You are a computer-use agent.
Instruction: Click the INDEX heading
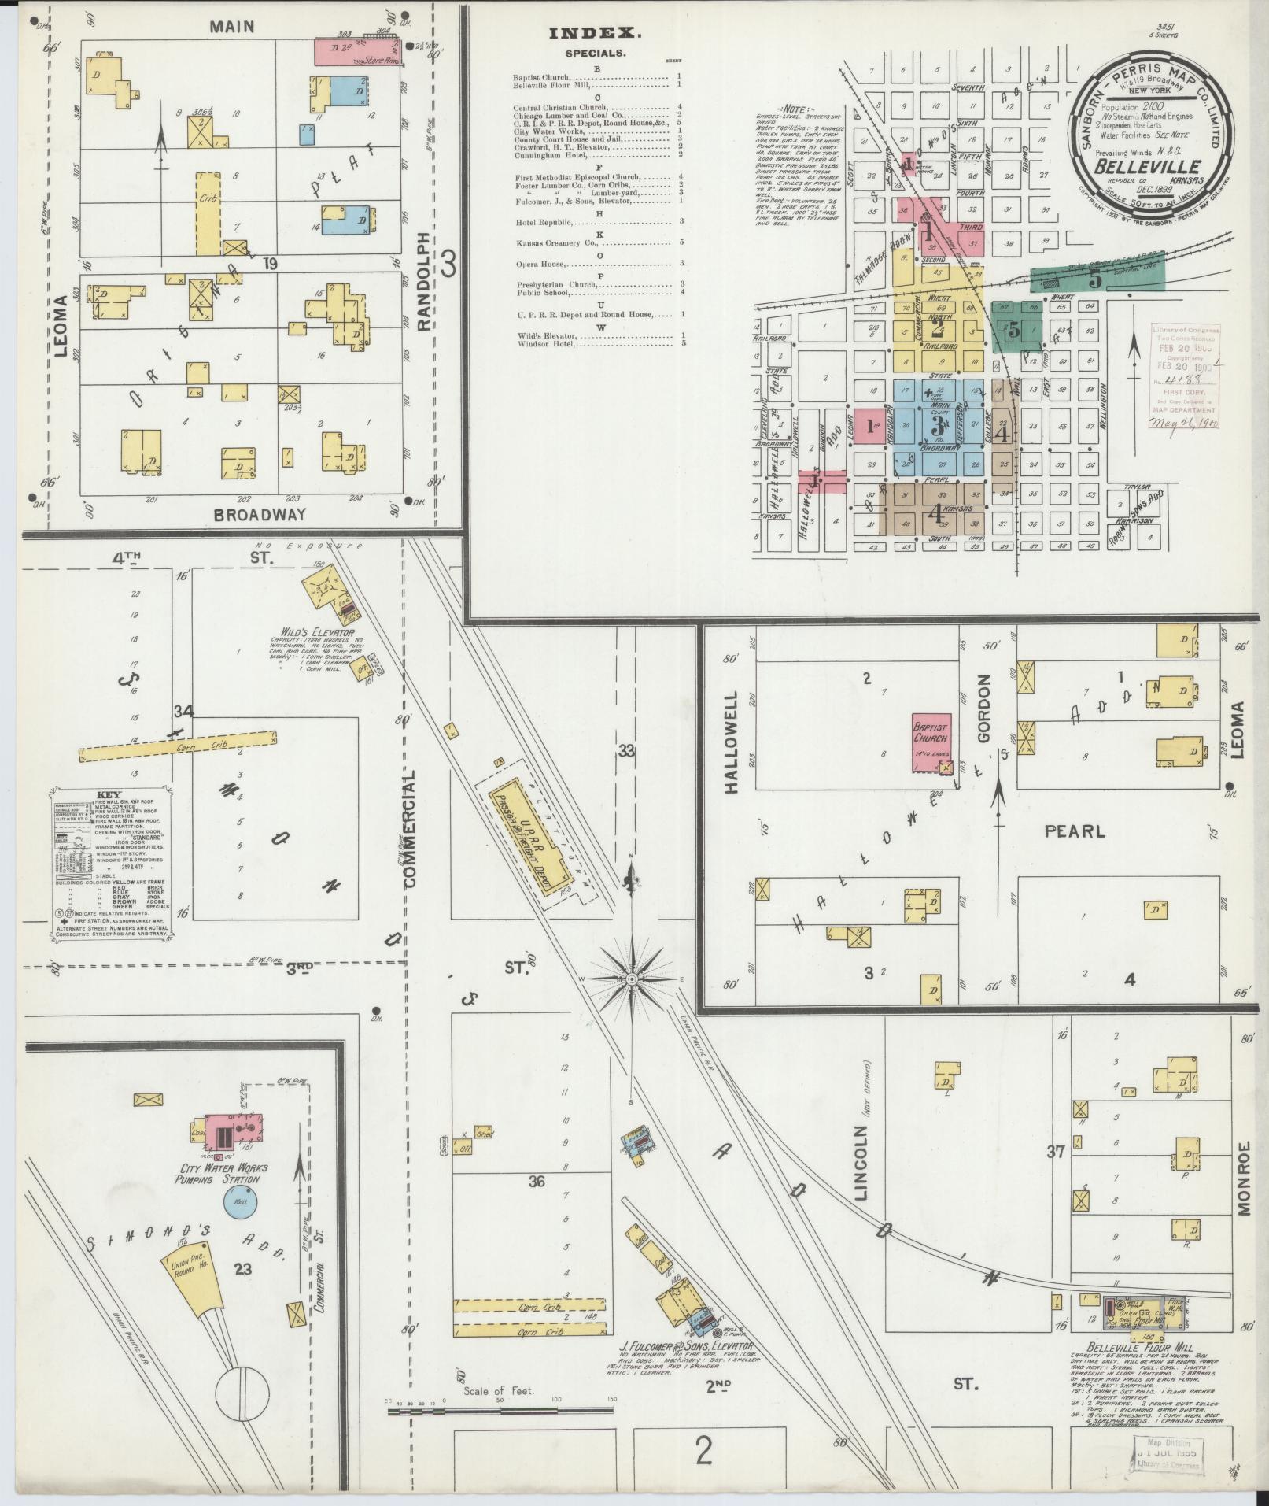596,33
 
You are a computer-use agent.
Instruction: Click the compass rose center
632,979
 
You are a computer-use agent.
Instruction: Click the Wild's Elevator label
312,632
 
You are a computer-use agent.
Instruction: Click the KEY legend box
110,863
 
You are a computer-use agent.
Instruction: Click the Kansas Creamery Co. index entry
553,242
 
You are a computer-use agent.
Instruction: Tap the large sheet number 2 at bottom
703,1450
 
